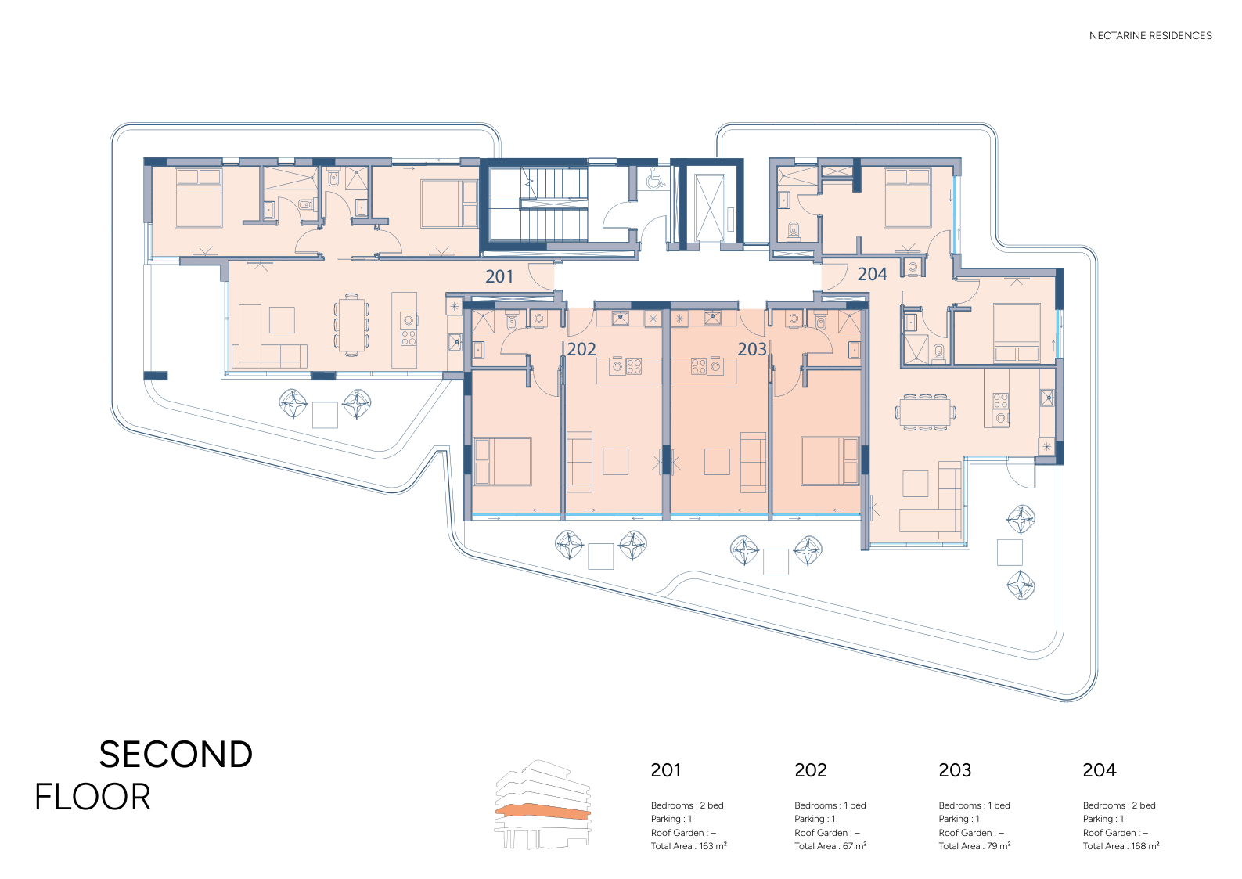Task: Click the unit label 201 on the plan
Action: coord(499,276)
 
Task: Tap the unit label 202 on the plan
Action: coord(581,349)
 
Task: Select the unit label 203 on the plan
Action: coord(752,349)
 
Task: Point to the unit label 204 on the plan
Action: coord(872,274)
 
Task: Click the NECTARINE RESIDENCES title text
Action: coord(1150,35)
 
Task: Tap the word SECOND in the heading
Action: coord(176,755)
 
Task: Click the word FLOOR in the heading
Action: coord(92,797)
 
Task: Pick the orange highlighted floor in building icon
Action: coord(543,811)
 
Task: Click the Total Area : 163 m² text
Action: coord(689,845)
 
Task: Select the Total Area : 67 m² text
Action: coord(830,845)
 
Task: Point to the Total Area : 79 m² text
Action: coord(974,845)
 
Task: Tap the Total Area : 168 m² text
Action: coord(1121,845)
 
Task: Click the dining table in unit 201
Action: coord(351,325)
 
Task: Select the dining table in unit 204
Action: coord(925,412)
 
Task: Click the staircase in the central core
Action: coord(554,204)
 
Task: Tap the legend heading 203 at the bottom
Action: coord(955,769)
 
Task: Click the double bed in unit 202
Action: coord(502,461)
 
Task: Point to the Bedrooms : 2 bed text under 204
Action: coord(1119,805)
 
